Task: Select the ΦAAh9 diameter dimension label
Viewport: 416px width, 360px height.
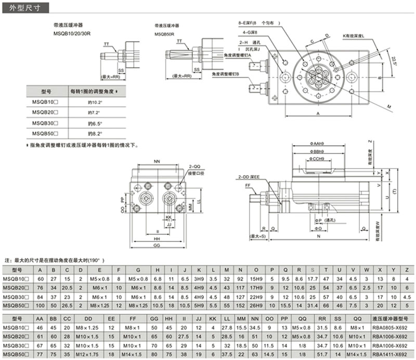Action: pos(316,143)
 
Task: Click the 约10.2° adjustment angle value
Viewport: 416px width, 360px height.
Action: pos(95,102)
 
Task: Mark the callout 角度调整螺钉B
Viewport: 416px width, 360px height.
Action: pos(225,74)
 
